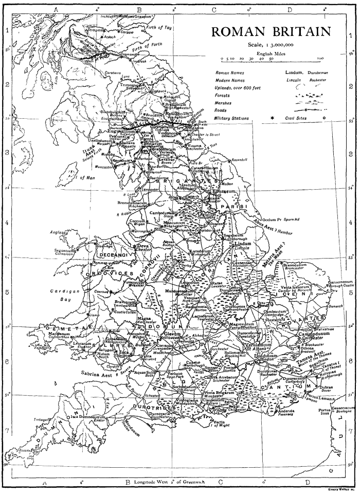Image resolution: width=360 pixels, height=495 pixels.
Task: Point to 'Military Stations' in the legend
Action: point(232,118)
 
